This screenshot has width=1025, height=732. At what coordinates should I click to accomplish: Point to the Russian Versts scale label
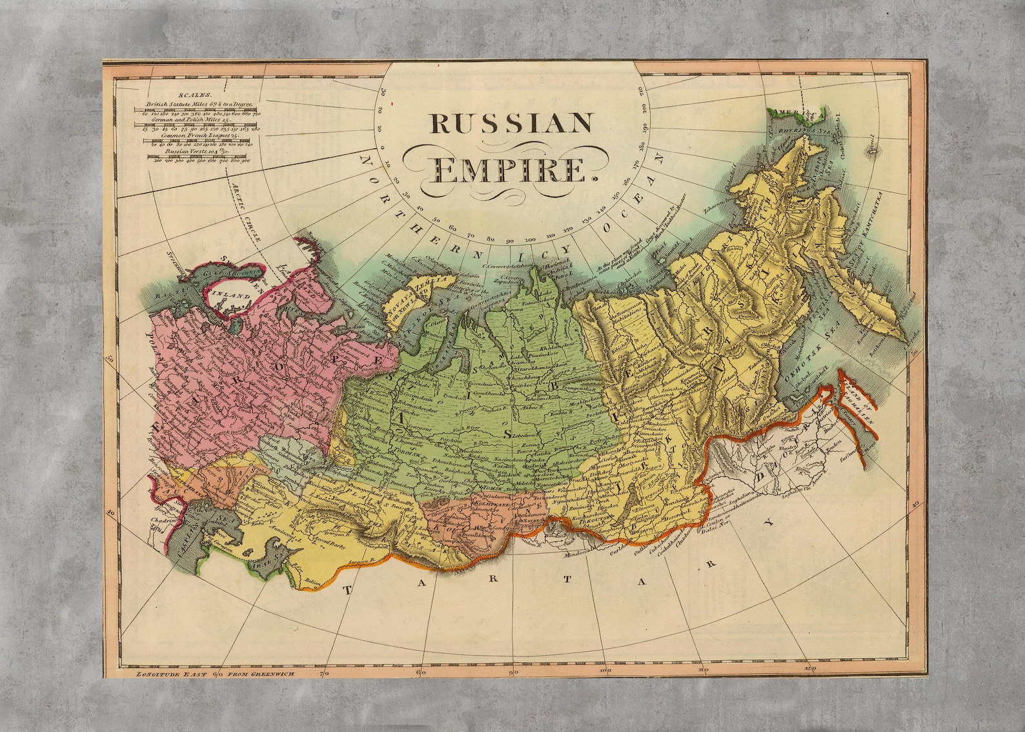192,152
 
